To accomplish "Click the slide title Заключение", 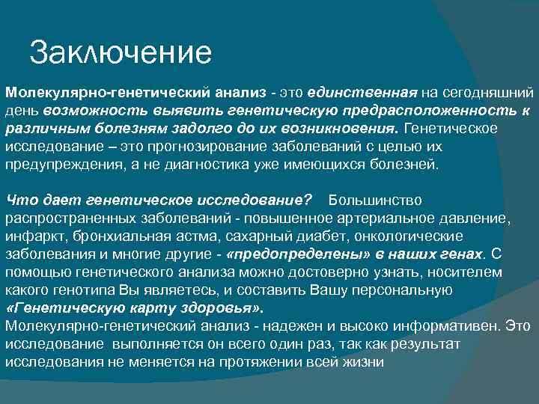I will [x=121, y=53].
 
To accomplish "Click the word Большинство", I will [x=375, y=201].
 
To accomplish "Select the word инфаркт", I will [x=34, y=236].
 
